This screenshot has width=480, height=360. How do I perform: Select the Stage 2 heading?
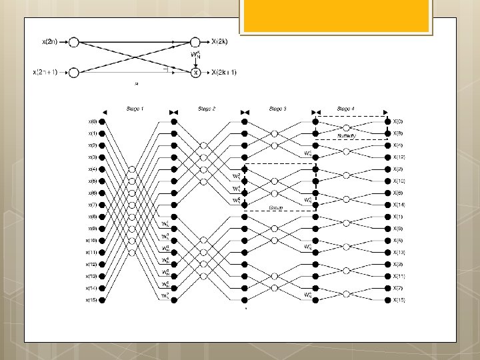pos(207,108)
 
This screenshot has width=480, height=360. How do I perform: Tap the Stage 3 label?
pos(277,108)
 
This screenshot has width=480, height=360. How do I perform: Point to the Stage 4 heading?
pos(345,108)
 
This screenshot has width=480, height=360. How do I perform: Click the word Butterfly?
pos(347,135)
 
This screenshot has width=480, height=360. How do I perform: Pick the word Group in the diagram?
pos(275,207)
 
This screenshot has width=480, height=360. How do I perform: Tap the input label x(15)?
pos(91,300)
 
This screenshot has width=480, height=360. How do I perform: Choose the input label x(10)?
pos(91,241)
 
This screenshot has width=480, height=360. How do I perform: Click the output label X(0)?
pos(397,121)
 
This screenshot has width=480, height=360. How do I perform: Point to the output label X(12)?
pos(399,157)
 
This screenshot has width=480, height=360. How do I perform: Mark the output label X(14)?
pos(399,205)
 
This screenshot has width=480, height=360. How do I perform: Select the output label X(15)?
pos(399,300)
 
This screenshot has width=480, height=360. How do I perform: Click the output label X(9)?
pos(397,229)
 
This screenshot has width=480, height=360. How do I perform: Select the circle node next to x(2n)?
pos(74,41)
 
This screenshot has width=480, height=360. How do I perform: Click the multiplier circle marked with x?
pos(196,72)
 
